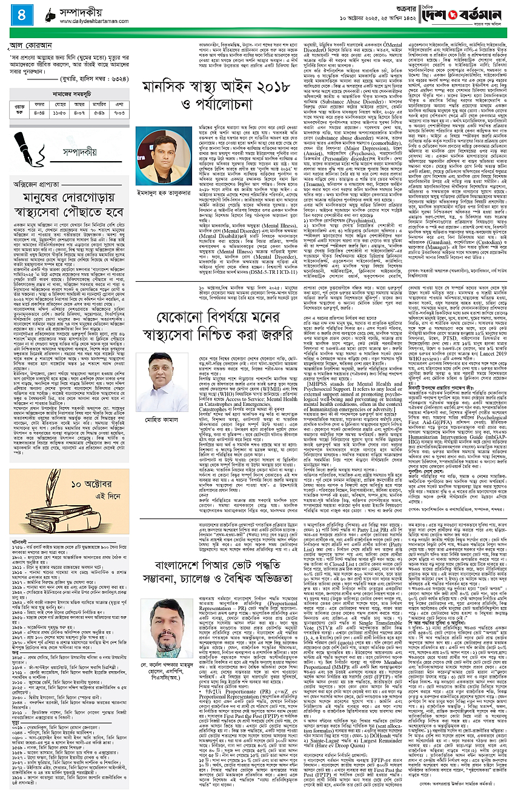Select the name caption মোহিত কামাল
click(x=161, y=385)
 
